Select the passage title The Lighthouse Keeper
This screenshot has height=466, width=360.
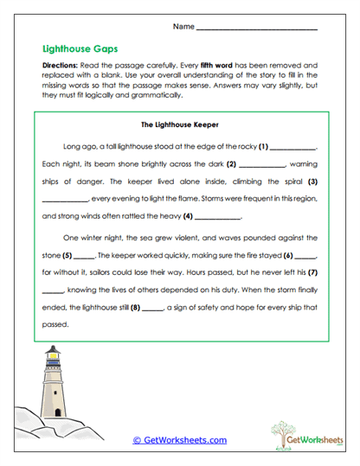click(179, 124)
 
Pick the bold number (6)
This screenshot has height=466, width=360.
click(288, 257)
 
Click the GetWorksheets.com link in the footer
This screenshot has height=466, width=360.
click(179, 440)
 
